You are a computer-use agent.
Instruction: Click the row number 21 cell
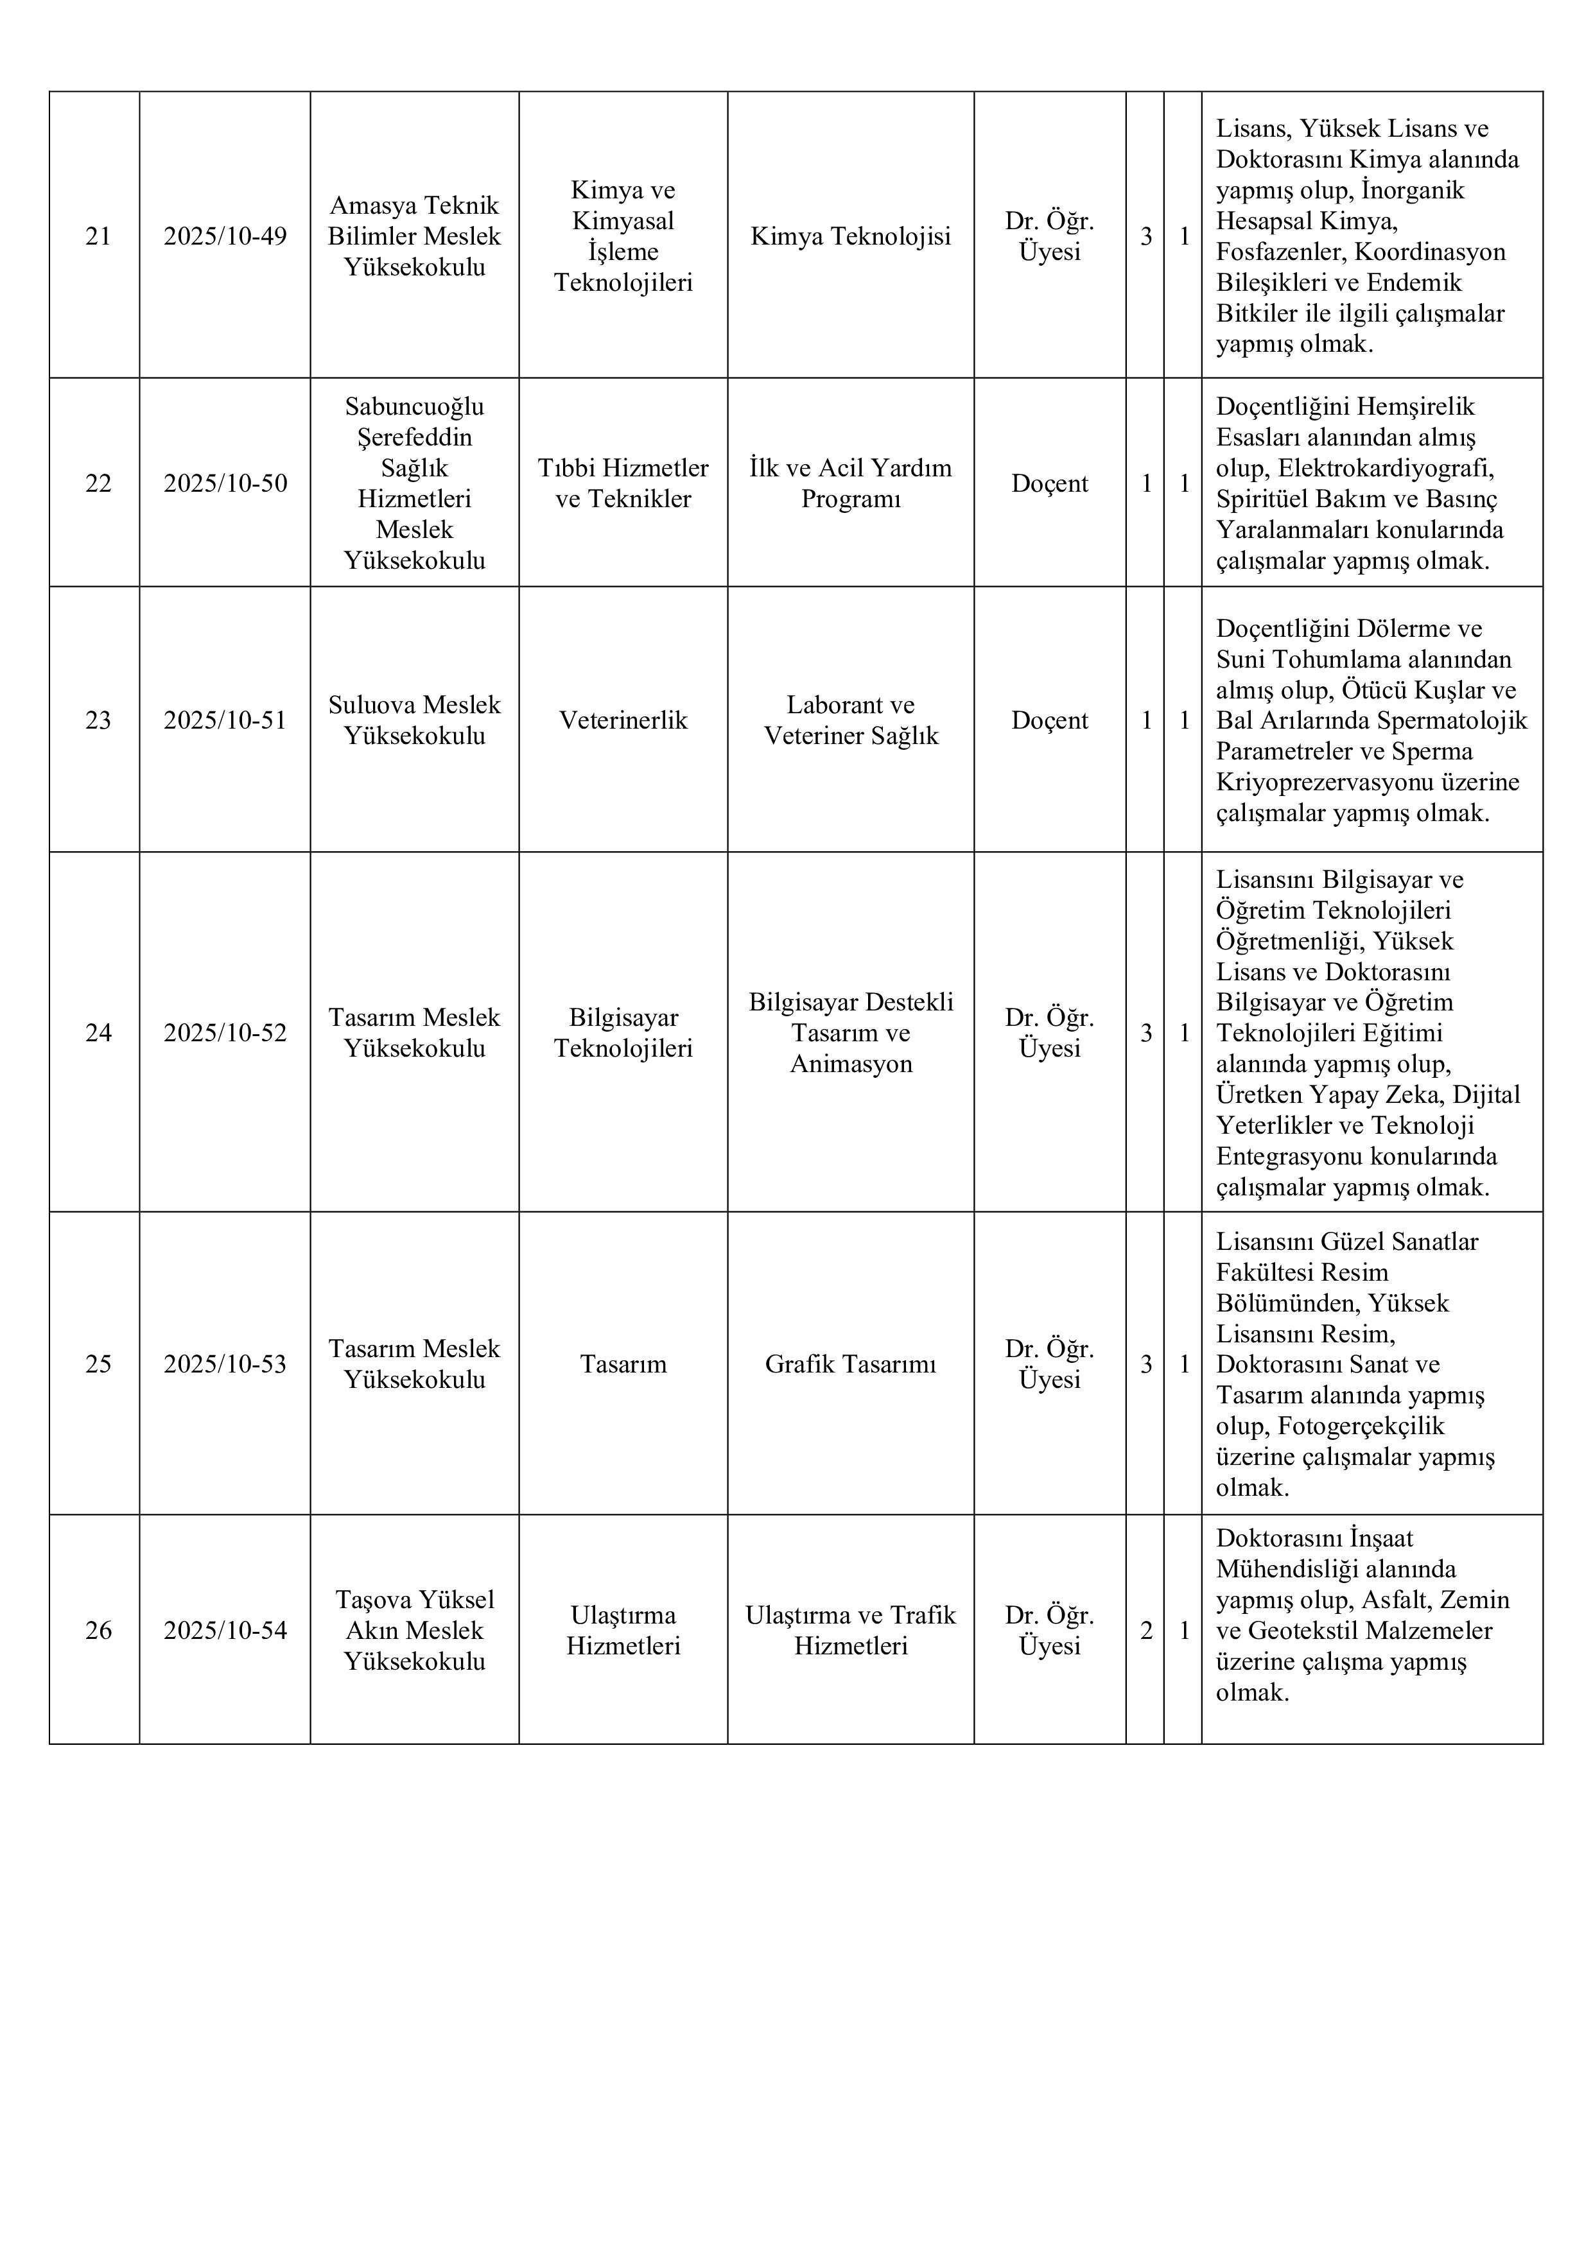click(98, 236)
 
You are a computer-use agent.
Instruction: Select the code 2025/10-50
click(225, 483)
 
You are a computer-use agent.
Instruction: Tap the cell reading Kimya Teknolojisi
click(851, 236)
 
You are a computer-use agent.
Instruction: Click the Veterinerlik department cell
click(623, 721)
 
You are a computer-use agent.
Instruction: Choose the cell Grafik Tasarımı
click(851, 1364)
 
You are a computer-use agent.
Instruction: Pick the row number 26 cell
click(98, 1630)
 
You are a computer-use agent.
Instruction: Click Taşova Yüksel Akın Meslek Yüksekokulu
click(414, 1630)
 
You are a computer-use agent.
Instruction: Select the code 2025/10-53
click(225, 1364)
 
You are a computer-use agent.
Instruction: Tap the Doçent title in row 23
click(1050, 721)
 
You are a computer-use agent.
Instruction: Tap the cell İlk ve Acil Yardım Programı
click(851, 483)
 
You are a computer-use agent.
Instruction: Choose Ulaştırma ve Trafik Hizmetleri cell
click(851, 1630)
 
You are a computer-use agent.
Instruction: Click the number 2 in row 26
click(1145, 1630)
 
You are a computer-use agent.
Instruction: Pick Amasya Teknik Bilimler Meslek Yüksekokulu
click(414, 236)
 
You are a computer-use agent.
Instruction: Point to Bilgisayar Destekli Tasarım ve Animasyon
click(851, 1033)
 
